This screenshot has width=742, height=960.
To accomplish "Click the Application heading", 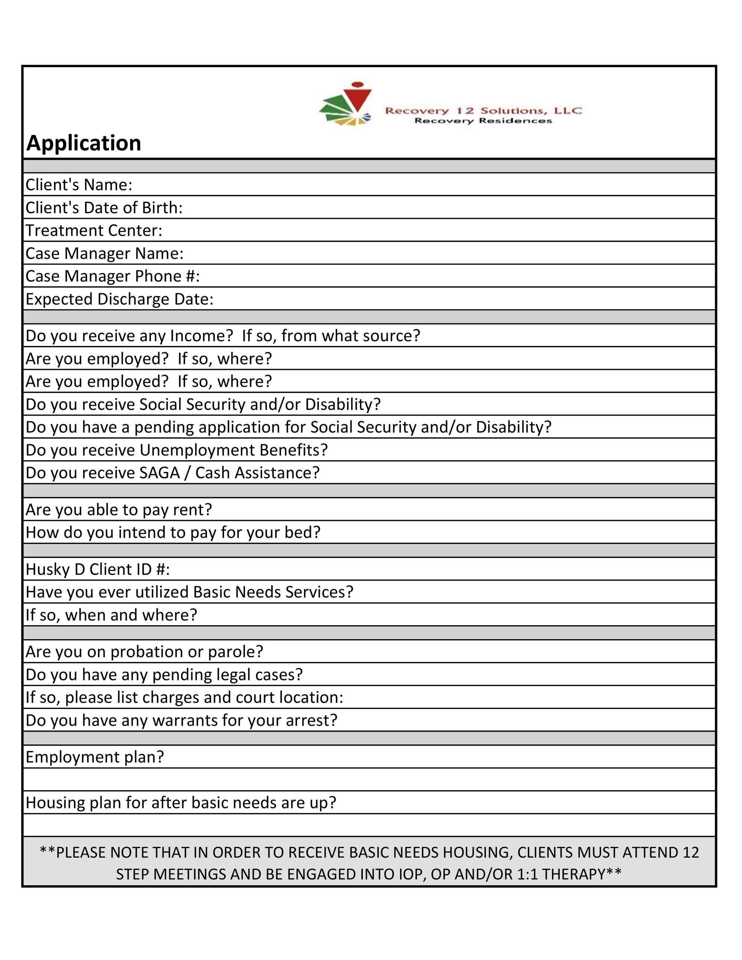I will point(83,143).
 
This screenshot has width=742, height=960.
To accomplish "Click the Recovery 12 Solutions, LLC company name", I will point(483,110).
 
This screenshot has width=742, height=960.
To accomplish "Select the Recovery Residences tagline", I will point(483,121).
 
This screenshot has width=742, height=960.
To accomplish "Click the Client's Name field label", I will point(79,185).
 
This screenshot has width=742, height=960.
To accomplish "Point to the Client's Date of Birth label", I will point(104,208).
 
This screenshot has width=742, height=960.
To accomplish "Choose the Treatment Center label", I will point(93,231).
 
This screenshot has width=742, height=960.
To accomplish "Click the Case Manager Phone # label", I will point(112,276).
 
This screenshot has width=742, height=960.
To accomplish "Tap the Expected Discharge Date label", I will point(119,299).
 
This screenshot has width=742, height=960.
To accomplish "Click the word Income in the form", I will point(201,336).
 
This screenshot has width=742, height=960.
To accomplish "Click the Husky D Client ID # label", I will point(98,570).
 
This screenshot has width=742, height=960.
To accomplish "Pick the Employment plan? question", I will point(95,757).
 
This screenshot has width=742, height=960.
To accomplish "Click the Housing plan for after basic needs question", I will point(181,803).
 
